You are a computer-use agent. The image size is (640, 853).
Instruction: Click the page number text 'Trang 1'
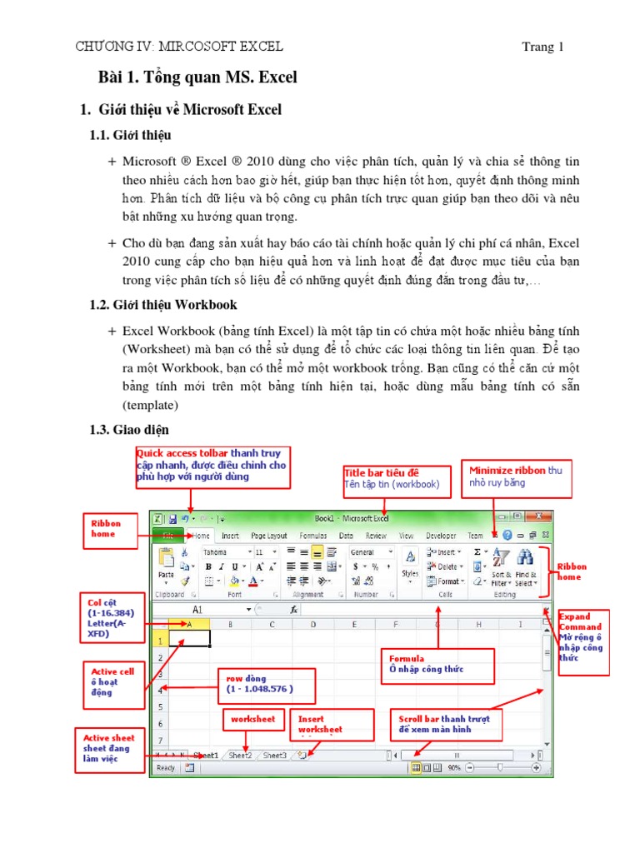[542, 47]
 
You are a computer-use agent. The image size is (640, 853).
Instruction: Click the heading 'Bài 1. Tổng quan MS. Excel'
[197, 78]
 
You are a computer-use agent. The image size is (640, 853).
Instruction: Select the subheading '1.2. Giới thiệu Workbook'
[163, 305]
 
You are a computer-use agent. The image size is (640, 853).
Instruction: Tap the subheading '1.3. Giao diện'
[129, 430]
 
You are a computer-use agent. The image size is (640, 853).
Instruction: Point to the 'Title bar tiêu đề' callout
[392, 478]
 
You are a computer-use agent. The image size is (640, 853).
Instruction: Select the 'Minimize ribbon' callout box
[514, 476]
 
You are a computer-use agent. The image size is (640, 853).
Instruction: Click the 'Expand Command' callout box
[583, 637]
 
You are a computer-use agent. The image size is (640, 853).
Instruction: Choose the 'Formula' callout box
[437, 665]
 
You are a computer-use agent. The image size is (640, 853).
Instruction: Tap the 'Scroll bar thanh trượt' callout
[447, 724]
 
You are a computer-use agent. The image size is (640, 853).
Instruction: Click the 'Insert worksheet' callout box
[332, 723]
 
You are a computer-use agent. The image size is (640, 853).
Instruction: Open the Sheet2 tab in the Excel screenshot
[240, 756]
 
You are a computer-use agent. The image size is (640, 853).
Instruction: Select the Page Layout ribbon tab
[268, 536]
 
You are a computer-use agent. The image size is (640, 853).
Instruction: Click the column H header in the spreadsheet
[480, 624]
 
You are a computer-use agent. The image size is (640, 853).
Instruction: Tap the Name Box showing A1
[200, 610]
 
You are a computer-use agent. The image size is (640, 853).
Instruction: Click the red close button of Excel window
[538, 516]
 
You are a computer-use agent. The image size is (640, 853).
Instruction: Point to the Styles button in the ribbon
[410, 564]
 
